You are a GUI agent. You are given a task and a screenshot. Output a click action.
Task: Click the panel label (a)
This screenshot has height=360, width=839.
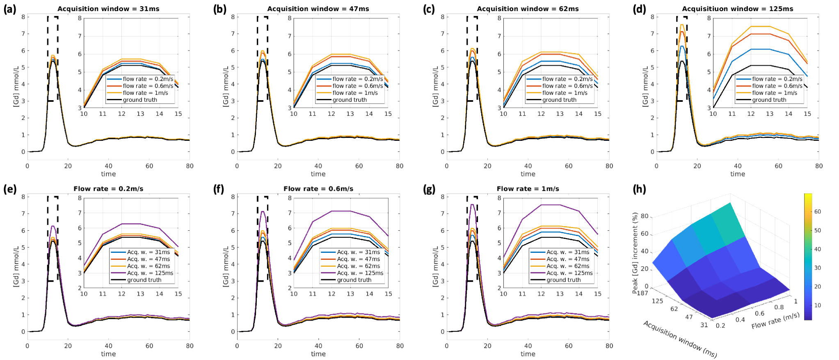coord(9,9)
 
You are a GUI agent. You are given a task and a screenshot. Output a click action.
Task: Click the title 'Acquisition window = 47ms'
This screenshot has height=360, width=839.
coord(318,9)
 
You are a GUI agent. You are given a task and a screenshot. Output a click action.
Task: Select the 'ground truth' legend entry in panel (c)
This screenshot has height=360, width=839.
coord(559,100)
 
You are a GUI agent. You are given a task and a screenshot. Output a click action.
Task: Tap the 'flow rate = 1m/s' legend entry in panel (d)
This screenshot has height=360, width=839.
coord(774,93)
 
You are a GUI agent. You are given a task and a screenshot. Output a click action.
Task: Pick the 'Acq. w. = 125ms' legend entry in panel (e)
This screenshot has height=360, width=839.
coord(150,273)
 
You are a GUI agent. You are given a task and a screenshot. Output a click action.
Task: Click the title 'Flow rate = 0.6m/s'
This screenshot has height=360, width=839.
coord(318,189)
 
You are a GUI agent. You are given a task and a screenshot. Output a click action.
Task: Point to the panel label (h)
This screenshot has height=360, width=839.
coord(639,189)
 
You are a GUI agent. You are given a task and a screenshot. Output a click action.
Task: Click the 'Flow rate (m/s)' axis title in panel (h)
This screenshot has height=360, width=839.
coord(775,321)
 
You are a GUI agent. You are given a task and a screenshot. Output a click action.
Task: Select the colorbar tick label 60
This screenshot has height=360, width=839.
coord(817,212)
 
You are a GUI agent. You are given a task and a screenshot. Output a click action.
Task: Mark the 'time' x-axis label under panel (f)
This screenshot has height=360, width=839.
coord(318,354)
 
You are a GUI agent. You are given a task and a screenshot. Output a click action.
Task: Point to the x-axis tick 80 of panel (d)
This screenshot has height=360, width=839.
coord(819,166)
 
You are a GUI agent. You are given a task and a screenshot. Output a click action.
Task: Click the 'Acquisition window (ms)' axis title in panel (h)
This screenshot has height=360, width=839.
coord(679,339)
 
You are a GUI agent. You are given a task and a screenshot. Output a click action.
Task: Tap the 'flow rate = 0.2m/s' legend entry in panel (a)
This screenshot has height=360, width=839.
coord(148,79)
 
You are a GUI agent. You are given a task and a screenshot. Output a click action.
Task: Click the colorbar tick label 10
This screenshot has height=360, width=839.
coord(817,305)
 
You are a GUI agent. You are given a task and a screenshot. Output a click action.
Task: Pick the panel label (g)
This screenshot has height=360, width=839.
coord(429,189)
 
